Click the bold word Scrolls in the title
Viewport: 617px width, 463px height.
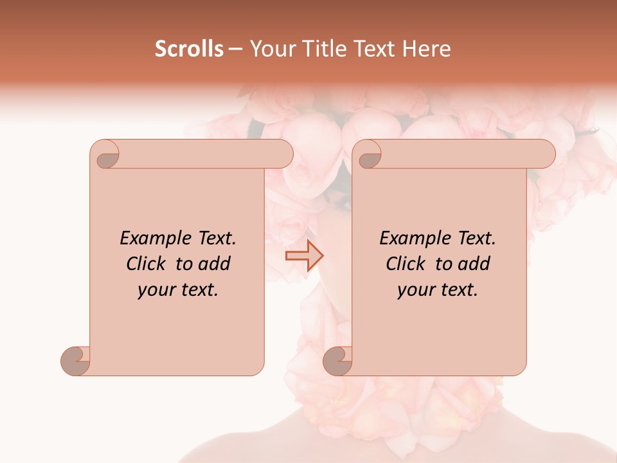189,49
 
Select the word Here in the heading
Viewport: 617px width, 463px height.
426,49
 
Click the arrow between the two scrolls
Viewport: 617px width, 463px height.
304,256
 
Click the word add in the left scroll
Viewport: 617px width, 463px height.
214,264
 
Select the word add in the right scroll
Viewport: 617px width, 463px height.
474,264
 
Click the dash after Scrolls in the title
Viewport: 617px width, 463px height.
235,49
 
